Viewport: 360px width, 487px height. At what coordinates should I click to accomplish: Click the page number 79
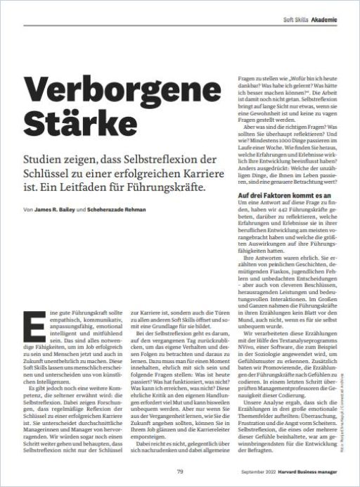(180, 471)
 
